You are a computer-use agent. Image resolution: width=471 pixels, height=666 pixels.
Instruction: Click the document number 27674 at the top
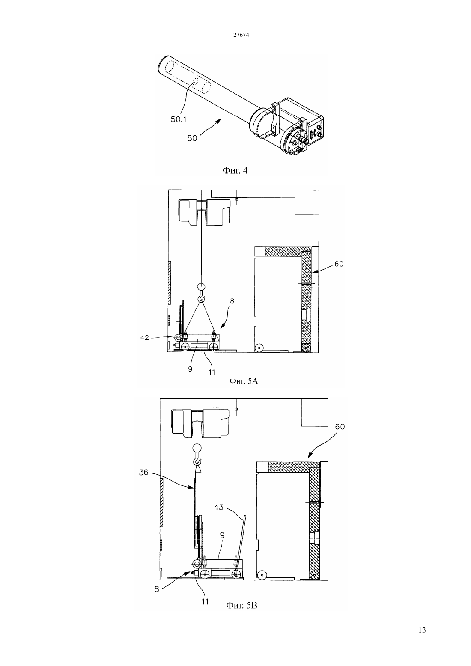241,35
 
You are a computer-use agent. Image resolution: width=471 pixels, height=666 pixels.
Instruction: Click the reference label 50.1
179,119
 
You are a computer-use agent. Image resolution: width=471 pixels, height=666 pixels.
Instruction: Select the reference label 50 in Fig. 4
192,138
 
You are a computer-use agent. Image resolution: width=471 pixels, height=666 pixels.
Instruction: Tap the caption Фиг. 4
235,170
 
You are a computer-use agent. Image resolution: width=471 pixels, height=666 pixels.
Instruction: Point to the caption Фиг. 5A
244,381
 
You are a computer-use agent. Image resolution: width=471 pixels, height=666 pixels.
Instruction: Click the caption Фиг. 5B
241,605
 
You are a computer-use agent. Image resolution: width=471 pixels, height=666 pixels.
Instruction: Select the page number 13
422,630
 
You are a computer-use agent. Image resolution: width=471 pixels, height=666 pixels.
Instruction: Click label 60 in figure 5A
339,264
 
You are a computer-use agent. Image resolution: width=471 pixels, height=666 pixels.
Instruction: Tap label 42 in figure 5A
145,338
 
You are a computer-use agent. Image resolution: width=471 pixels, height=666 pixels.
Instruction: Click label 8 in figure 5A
232,301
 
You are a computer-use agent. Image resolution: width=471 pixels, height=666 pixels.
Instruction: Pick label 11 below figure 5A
212,372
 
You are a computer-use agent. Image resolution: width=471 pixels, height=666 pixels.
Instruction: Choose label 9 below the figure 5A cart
190,369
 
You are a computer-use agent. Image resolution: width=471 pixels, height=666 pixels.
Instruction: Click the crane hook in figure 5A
202,297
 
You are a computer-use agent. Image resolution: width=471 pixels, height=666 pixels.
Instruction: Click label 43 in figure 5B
218,508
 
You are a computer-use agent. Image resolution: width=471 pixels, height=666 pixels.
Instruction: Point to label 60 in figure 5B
340,427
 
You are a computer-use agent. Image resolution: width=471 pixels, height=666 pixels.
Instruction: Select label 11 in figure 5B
205,601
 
